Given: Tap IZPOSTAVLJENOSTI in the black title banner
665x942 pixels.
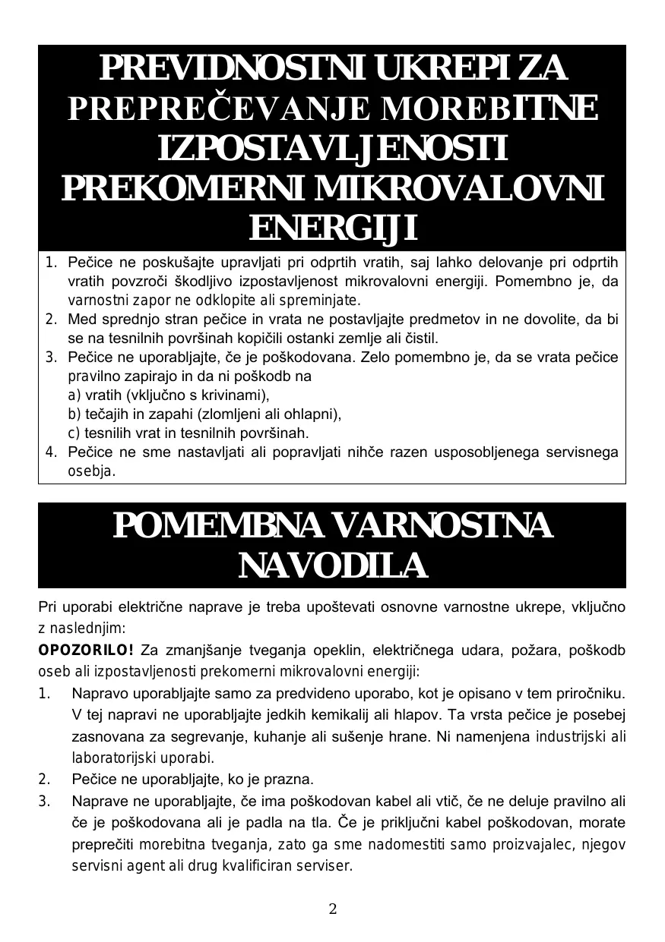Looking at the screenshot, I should click(x=333, y=149).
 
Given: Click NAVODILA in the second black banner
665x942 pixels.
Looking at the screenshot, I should click(x=332, y=566).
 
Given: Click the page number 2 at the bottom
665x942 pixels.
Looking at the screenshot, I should click(x=332, y=909).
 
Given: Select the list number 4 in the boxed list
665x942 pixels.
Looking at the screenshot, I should click(x=51, y=452).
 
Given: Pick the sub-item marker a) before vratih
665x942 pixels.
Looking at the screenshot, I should click(x=74, y=395).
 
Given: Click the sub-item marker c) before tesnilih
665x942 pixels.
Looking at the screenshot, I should click(x=74, y=433).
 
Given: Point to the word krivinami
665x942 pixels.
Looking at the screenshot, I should click(x=236, y=395).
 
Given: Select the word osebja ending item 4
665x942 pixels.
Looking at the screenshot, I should click(x=90, y=471).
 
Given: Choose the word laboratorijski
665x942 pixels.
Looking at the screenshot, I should click(x=111, y=758).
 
